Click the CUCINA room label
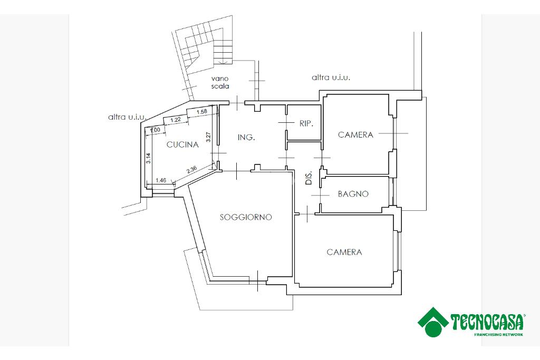(x=182, y=144)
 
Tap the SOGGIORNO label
(x=246, y=217)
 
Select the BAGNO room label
(x=353, y=194)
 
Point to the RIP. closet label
(x=306, y=123)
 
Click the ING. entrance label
(x=246, y=138)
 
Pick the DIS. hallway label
(x=309, y=178)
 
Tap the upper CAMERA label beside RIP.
(x=355, y=134)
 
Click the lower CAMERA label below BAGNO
(x=344, y=252)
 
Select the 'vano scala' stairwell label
(x=220, y=83)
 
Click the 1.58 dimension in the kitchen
(x=202, y=112)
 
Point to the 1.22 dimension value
(x=176, y=120)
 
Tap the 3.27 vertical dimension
(x=208, y=138)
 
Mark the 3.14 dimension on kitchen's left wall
(x=148, y=158)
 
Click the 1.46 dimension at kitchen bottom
(x=161, y=180)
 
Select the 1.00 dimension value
(x=156, y=130)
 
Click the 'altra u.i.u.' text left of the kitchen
(x=128, y=117)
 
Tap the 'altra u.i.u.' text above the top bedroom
(x=331, y=78)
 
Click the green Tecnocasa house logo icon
(x=433, y=322)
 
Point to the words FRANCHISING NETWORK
(x=498, y=335)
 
